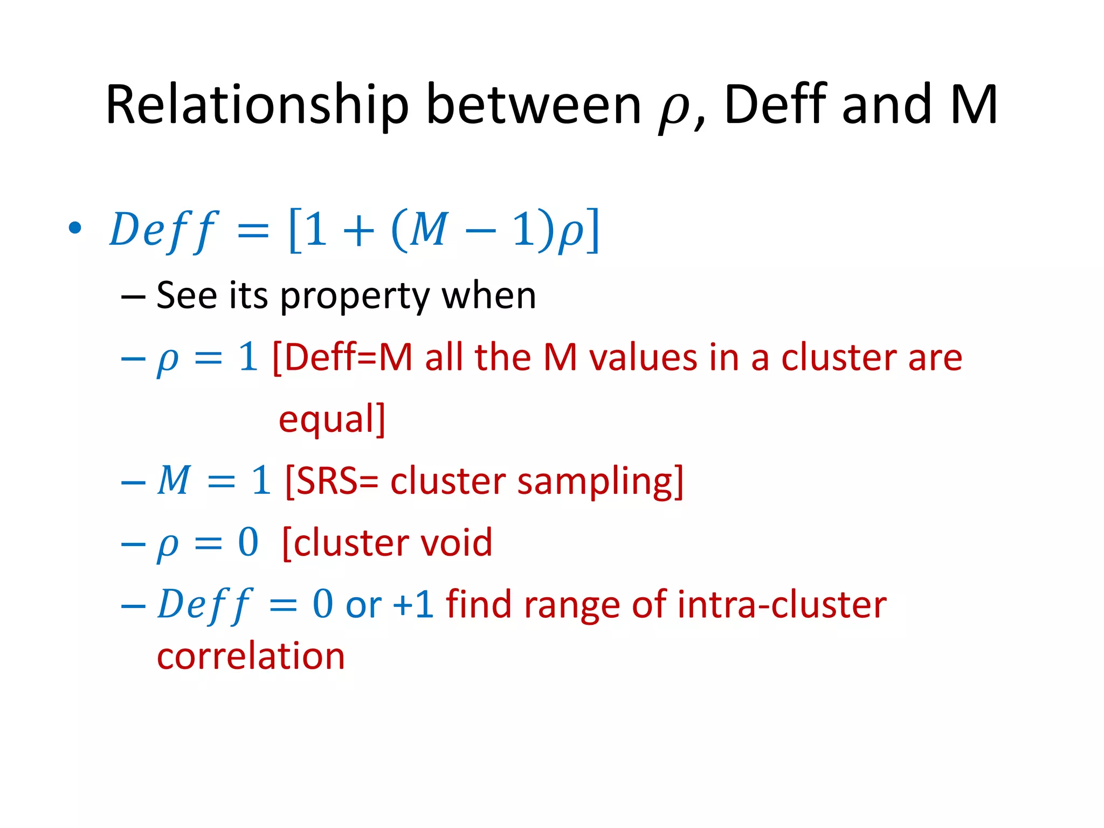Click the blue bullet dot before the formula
point(75,228)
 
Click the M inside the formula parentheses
point(429,229)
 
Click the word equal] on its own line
point(332,419)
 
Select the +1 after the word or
point(413,604)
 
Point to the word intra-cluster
point(782,604)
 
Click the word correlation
point(251,656)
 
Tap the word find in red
point(478,604)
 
